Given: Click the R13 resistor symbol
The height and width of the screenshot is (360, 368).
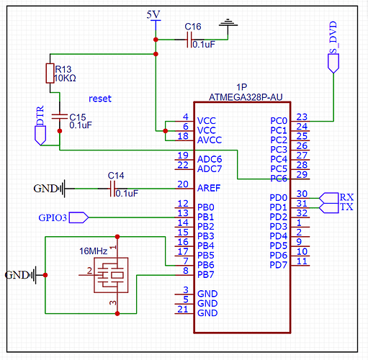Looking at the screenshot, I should coord(50,73).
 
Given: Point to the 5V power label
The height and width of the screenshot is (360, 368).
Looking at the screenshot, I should coord(154,15).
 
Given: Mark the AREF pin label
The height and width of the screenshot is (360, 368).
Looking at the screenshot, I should coord(211,188).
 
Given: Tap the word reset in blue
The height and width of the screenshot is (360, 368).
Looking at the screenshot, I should coord(101,98).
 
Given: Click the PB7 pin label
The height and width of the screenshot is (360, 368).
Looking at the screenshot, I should coord(207,274).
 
